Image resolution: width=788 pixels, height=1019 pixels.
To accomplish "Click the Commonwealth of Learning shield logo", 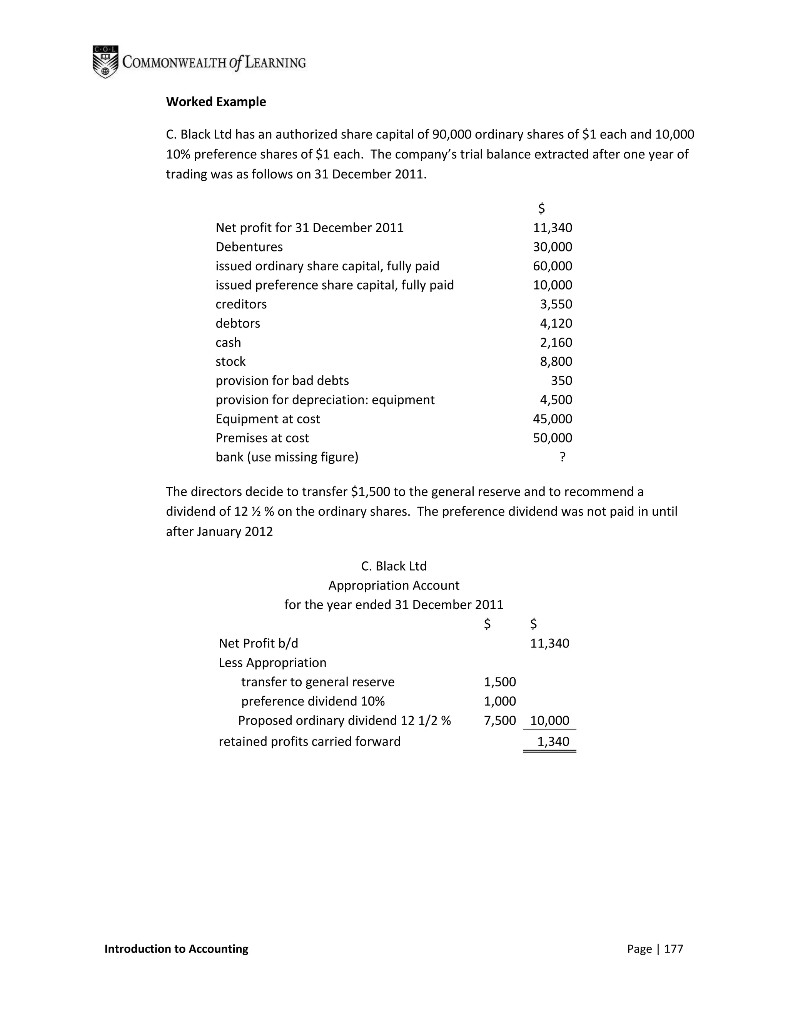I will pyautogui.click(x=105, y=62).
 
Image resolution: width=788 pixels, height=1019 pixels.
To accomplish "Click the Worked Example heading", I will pyautogui.click(x=216, y=102).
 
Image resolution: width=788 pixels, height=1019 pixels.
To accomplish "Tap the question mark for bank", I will pyautogui.click(x=562, y=457).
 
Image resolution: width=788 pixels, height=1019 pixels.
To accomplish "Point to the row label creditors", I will pyautogui.click(x=241, y=304).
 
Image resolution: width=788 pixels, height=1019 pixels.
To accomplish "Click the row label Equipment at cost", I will pyautogui.click(x=267, y=419).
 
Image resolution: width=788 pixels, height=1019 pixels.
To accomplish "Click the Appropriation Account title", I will pyautogui.click(x=394, y=586).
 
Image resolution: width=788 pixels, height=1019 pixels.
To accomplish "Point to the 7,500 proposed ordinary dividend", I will pyautogui.click(x=499, y=720).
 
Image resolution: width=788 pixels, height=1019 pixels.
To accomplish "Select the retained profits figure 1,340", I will pyautogui.click(x=553, y=741).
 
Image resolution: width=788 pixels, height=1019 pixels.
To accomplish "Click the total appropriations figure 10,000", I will pyautogui.click(x=549, y=720).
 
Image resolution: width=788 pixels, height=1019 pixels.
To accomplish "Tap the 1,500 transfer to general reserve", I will pyautogui.click(x=499, y=682).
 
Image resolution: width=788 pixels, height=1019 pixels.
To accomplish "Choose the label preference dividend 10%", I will pyautogui.click(x=313, y=701).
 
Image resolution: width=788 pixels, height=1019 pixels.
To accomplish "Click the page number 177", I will pyautogui.click(x=673, y=949).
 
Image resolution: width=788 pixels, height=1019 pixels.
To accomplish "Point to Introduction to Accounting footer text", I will pyautogui.click(x=177, y=949).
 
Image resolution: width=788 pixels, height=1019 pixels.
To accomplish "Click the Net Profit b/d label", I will pyautogui.click(x=258, y=643).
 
